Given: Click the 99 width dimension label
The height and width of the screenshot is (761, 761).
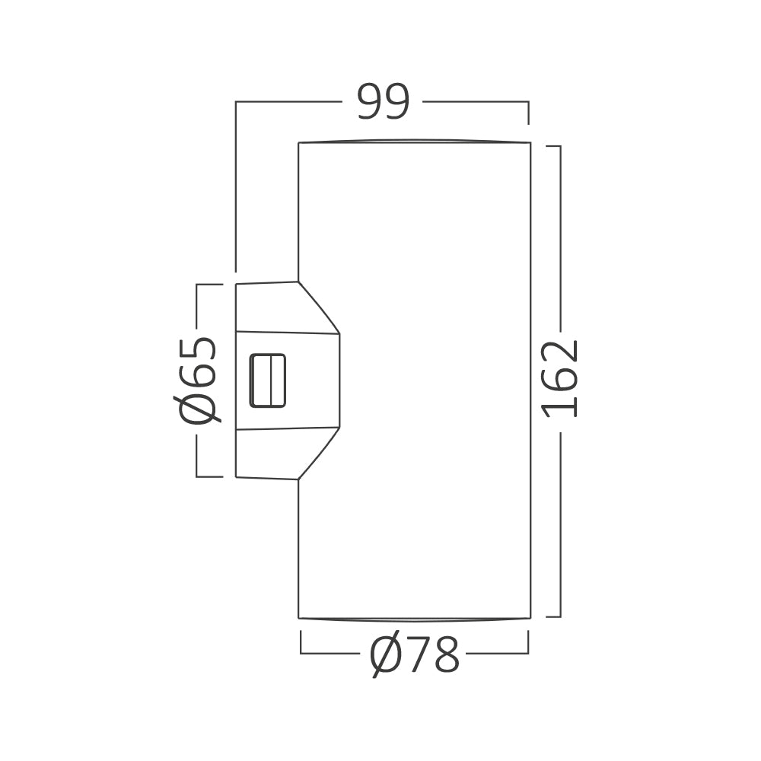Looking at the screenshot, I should click(x=384, y=102).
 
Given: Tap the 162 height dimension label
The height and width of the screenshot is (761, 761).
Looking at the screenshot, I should click(x=560, y=378).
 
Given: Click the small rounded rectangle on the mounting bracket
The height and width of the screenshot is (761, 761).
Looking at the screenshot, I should click(x=268, y=380).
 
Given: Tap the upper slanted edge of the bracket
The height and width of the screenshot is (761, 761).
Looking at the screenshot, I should click(x=318, y=307).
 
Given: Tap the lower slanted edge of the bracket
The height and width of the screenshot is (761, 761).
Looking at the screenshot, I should click(x=318, y=454).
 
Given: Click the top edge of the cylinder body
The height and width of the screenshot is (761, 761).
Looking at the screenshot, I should click(x=415, y=142).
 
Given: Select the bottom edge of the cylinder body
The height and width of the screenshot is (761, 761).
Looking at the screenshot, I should click(x=415, y=619).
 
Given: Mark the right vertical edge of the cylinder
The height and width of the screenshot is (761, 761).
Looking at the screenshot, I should click(x=530, y=380).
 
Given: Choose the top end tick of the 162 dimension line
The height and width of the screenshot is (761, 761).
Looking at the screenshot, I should click(x=553, y=146).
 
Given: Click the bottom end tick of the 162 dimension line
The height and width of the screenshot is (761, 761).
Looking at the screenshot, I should click(x=553, y=616).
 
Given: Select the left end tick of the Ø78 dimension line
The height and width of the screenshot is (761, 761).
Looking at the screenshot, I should click(x=301, y=642).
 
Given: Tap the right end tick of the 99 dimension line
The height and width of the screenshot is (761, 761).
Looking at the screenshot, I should click(x=528, y=112).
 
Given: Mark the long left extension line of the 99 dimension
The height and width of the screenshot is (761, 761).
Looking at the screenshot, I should click(x=236, y=186).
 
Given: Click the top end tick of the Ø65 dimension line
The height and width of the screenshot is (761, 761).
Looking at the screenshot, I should click(x=209, y=285).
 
